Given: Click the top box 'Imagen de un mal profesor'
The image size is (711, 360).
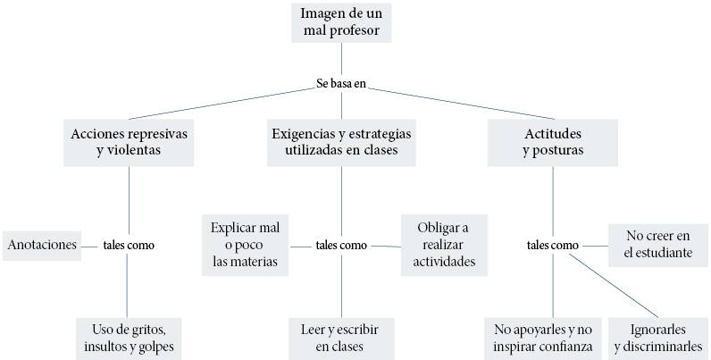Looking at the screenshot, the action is pos(341,22).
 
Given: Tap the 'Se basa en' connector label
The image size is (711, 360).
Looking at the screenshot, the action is pos(341,84).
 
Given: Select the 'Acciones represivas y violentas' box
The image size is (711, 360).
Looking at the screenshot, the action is pos(129,141).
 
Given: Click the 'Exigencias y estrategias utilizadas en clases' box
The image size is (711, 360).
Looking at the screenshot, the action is pos(341,141).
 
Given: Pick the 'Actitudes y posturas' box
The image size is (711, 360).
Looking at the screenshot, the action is pos(553,141).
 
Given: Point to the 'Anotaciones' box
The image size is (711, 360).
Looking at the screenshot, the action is pos(41,245).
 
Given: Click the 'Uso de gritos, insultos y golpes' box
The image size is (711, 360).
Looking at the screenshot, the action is pos(129,336).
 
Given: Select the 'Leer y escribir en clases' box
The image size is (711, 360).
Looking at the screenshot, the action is pos(341,336).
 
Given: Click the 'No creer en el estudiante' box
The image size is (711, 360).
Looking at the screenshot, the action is pos(658,245).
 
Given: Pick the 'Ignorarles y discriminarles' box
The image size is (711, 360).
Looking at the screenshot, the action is pos(659,336).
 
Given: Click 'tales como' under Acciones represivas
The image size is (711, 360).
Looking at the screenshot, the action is pos(129,245).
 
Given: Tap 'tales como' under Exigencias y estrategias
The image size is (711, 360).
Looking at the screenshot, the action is pos(341,245).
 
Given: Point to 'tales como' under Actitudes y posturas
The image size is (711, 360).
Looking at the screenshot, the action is pos(552,245).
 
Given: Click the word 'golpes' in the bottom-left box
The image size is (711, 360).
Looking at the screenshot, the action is pos(152,346).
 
